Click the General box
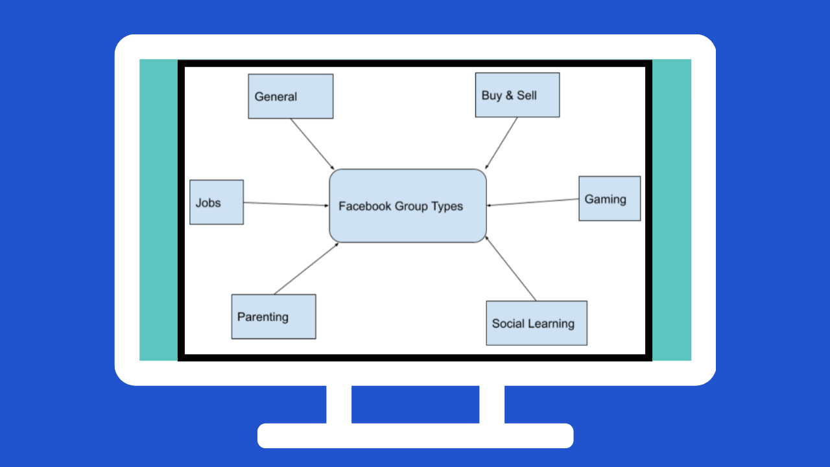point(290,97)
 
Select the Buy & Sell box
point(517,95)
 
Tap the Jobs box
point(217,202)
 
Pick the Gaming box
point(610,198)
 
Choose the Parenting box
point(274,317)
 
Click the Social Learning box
point(536,323)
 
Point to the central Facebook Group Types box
point(408,206)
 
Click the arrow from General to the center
point(313,144)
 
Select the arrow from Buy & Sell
point(501,143)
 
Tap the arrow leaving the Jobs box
point(286,204)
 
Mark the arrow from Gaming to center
point(532,202)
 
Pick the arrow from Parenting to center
point(306,269)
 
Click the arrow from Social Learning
point(510,269)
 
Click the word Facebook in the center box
point(364,206)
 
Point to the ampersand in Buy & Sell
point(510,95)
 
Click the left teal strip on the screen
point(159,210)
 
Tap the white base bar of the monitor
point(416,435)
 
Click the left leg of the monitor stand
point(338,404)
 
